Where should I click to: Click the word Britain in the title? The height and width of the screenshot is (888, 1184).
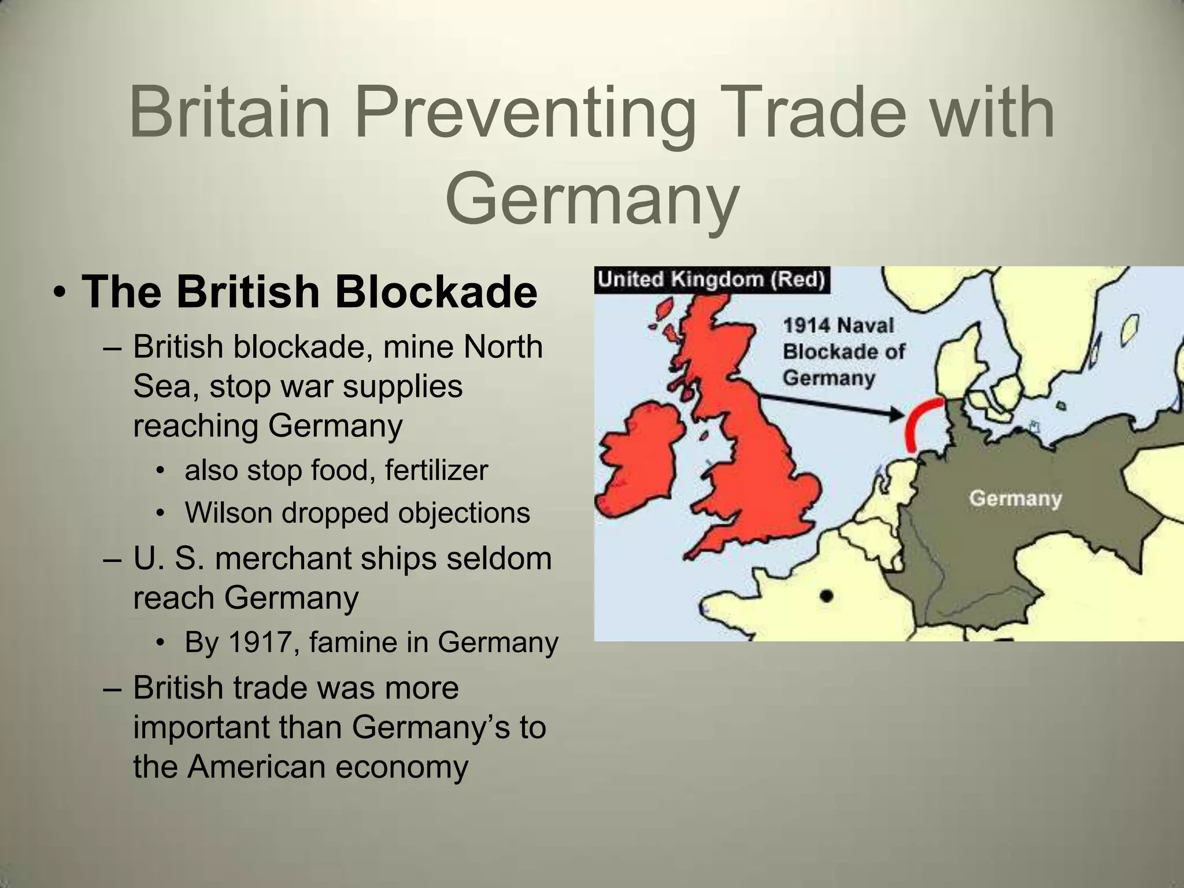point(230,113)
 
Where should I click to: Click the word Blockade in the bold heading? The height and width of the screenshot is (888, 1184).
point(436,292)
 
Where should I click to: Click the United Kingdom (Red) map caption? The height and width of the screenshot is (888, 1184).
point(712,280)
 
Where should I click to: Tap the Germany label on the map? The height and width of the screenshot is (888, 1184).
point(1016,498)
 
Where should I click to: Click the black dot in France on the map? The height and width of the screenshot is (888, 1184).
point(827,596)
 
